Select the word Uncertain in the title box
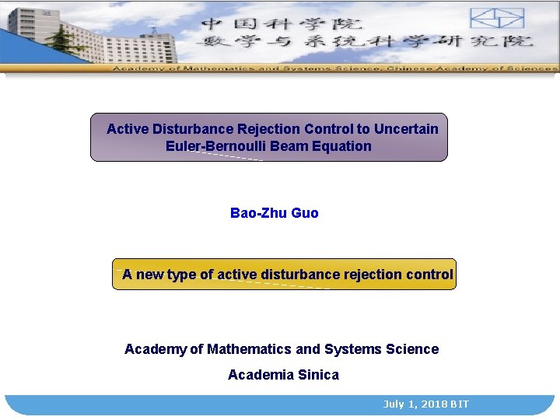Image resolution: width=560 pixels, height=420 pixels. pyautogui.click(x=406, y=128)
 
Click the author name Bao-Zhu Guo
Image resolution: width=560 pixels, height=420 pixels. pyautogui.click(x=274, y=213)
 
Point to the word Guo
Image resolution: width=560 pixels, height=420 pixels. pyautogui.click(x=304, y=213)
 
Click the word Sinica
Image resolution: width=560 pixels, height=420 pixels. pyautogui.click(x=319, y=375)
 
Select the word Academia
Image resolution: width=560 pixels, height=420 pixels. pyautogui.click(x=261, y=375)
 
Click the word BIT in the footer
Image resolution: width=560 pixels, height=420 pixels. pyautogui.click(x=459, y=404)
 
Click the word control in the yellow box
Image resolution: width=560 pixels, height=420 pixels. pyautogui.click(x=429, y=275)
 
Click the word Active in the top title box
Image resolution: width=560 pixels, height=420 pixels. pyautogui.click(x=128, y=128)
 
